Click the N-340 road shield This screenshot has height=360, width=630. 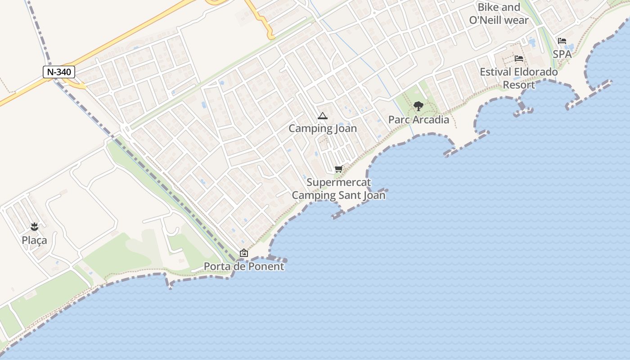coord(59,72)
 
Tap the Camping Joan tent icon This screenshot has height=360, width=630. coord(322,116)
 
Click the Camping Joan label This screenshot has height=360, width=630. coord(323,128)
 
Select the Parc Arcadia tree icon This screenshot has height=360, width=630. coord(418,106)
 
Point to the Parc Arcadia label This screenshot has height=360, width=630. coord(418,120)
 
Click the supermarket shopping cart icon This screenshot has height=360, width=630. coord(338,169)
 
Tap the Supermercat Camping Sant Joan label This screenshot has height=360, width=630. coord(339,189)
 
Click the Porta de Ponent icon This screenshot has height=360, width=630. coord(243,253)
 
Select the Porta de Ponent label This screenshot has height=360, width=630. coord(244,266)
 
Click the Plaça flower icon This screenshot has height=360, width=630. coord(34,226)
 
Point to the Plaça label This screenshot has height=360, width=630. coord(34,240)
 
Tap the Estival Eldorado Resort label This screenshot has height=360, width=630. coord(518,78)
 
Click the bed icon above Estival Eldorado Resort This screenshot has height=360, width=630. coord(518,58)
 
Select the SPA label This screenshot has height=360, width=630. coord(562,54)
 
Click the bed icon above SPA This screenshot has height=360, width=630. coord(562,41)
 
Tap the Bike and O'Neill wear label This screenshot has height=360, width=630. coord(499,13)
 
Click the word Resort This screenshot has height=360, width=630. coord(518,85)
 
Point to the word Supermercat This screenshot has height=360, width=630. coord(339,182)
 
